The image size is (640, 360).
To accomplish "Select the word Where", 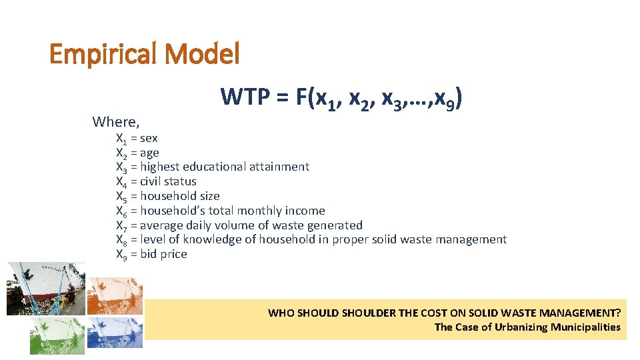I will tap(115, 121).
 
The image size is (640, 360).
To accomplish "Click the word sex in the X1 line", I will tap(149, 138).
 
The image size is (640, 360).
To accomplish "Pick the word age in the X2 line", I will tap(149, 153).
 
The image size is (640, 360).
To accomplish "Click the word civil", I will tap(150, 181).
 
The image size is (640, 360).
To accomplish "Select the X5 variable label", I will tap(121, 197).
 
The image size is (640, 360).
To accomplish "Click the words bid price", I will tap(163, 254).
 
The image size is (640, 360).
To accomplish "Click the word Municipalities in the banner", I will tap(585, 327).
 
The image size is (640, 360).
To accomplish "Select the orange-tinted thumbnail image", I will tap(115, 295).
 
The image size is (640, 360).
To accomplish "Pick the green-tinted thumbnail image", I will tap(57, 335).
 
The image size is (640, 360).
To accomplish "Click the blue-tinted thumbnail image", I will tap(115, 333).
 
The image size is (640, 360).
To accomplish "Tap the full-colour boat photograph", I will tap(46, 288).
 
